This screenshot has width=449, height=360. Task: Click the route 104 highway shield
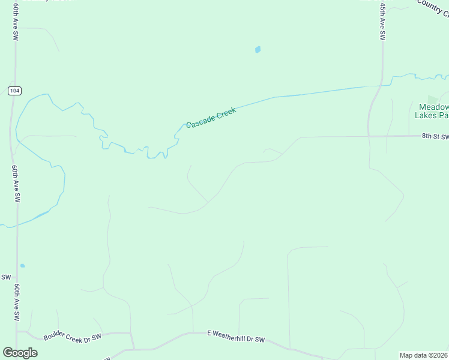click(x=15, y=90)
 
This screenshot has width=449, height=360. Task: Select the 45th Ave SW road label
click(x=382, y=21)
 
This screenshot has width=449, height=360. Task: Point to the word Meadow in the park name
click(x=433, y=107)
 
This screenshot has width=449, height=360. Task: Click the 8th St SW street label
click(x=435, y=136)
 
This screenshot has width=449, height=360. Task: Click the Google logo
click(x=20, y=353)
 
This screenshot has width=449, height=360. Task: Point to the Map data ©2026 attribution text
click(x=424, y=355)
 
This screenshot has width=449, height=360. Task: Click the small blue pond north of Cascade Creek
click(x=258, y=50)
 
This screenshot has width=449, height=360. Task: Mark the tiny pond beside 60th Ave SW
click(x=22, y=265)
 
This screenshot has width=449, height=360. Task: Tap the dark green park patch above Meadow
click(x=432, y=98)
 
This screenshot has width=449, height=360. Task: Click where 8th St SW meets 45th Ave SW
click(x=369, y=136)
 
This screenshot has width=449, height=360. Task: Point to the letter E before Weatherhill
click(x=209, y=332)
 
